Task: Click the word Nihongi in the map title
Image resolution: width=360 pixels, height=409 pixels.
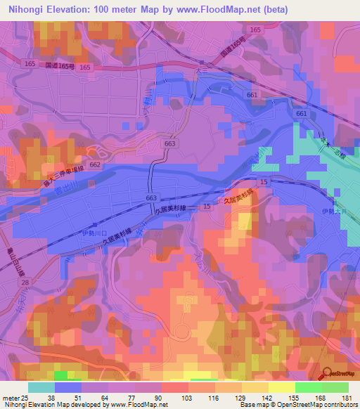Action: coord(26,10)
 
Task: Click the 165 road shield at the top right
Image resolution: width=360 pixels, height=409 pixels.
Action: coord(255,30)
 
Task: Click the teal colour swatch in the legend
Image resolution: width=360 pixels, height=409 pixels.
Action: coord(41,387)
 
